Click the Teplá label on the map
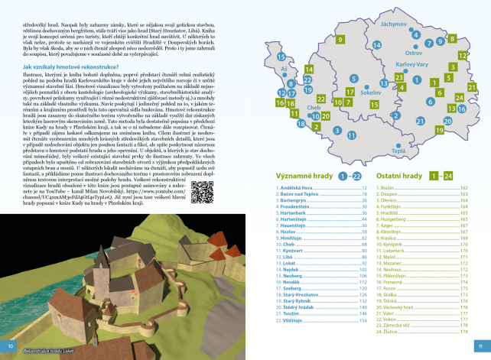[398, 151]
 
